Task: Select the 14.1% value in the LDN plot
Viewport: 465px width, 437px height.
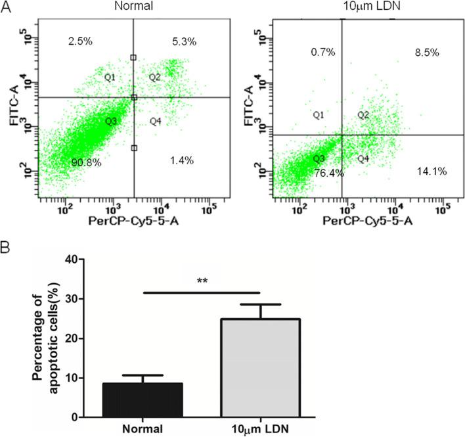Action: pyautogui.click(x=432, y=172)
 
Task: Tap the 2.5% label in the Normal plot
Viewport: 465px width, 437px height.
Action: pyautogui.click(x=80, y=41)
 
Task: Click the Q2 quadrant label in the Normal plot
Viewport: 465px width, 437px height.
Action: pyautogui.click(x=155, y=78)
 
